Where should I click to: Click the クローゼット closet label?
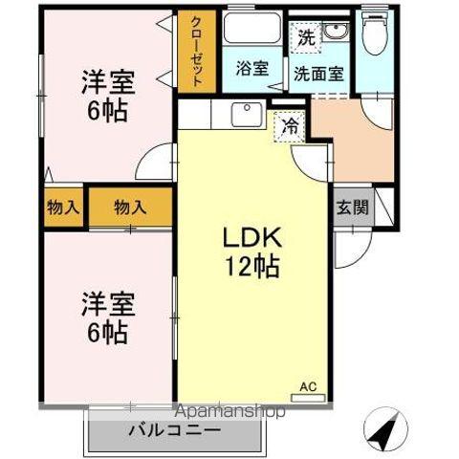tap(196, 53)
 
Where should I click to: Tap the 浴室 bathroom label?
tap(252, 68)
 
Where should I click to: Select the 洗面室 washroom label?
tap(319, 73)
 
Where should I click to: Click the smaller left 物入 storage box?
tap(63, 206)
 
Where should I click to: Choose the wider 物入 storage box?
tap(130, 206)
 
